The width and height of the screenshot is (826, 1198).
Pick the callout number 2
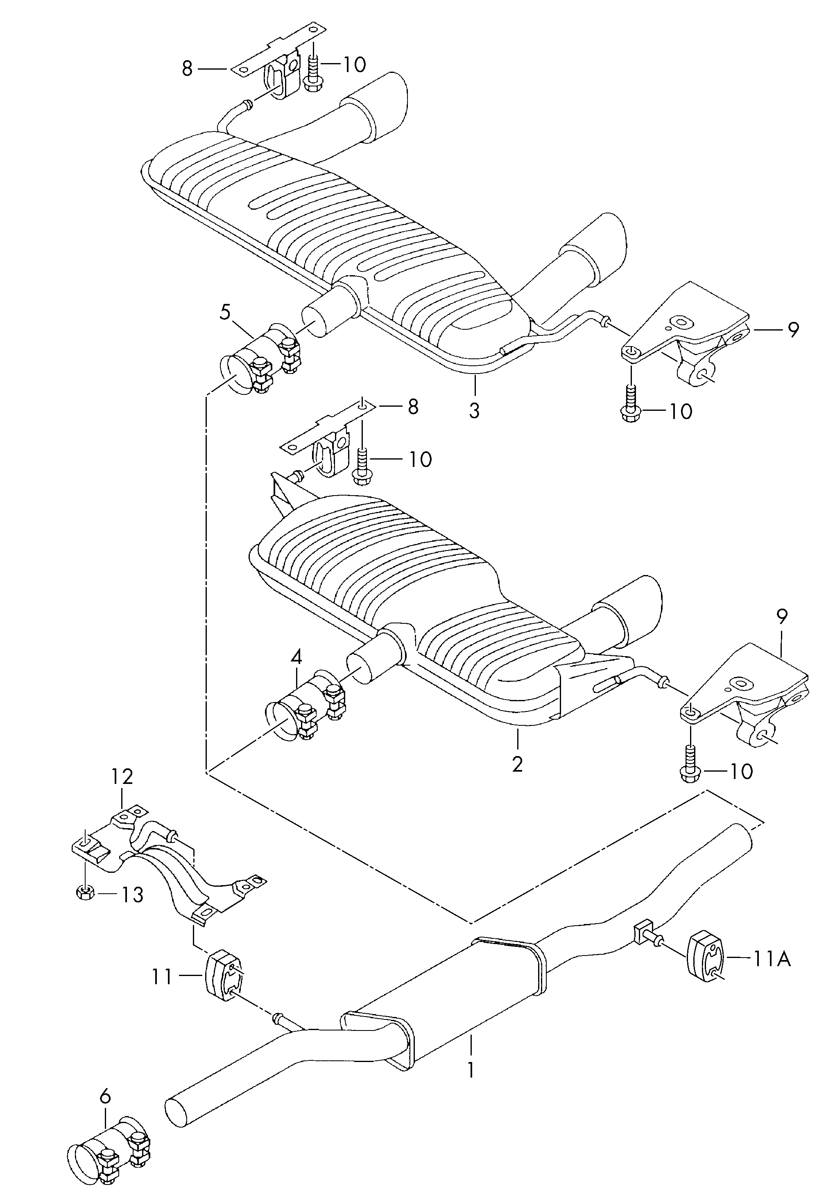(517, 764)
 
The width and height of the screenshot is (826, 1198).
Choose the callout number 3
(474, 410)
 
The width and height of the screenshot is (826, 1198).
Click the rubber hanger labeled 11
(224, 976)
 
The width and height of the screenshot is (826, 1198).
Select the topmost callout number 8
(187, 68)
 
